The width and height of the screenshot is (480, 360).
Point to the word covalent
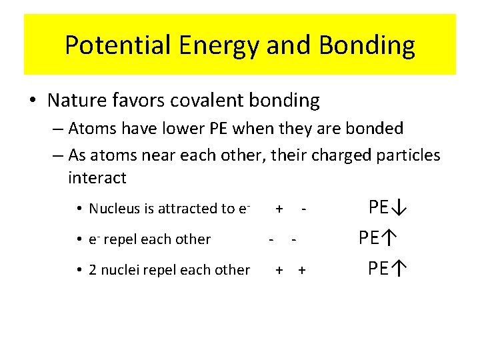[200, 101]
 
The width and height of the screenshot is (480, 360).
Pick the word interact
[97, 178]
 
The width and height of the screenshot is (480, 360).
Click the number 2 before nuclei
[93, 270]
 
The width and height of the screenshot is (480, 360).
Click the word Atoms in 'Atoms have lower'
[88, 128]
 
